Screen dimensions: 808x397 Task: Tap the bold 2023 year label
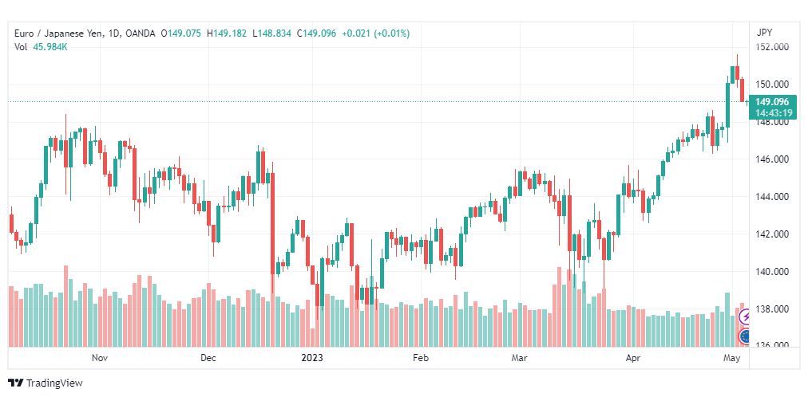click(312, 357)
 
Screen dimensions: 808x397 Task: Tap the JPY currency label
click(765, 33)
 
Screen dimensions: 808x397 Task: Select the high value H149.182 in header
click(226, 33)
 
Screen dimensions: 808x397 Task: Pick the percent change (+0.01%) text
click(392, 33)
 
